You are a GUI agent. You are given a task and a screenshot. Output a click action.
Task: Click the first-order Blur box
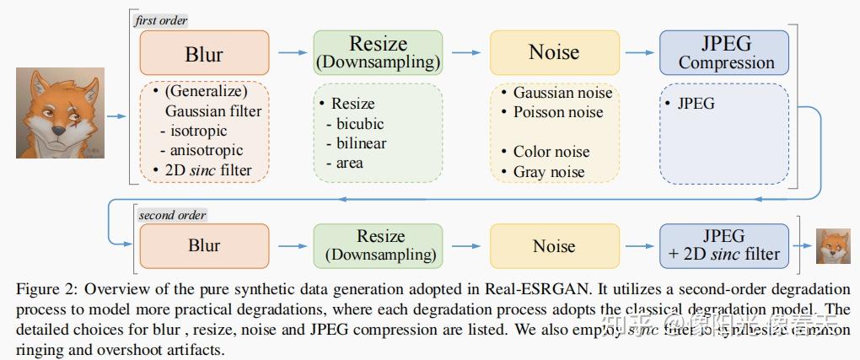click(204, 54)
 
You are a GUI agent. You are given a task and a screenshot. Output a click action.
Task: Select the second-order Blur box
click(204, 246)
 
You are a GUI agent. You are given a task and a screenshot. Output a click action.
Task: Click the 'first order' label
click(161, 20)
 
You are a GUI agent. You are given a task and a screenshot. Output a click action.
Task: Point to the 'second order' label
click(172, 214)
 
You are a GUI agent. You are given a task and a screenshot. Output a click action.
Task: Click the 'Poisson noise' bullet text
click(559, 112)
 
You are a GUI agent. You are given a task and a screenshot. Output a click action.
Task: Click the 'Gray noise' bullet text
click(549, 172)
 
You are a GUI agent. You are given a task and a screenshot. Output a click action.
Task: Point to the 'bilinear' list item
click(361, 143)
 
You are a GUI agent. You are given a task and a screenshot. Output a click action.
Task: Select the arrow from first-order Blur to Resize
click(292, 53)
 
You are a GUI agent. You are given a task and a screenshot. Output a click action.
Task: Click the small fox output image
click(833, 245)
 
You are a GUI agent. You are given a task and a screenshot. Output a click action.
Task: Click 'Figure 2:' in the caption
click(46, 287)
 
